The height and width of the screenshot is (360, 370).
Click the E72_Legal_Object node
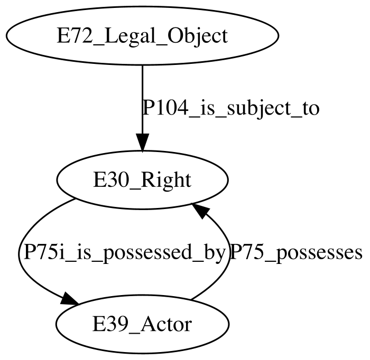[x=143, y=35]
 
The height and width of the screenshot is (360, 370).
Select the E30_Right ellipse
[x=143, y=180]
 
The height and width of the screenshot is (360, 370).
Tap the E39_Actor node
[x=143, y=324]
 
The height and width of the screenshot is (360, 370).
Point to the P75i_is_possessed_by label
[x=124, y=253]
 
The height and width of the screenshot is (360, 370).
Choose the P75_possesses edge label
[x=296, y=253]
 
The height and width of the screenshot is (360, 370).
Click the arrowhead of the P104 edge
[x=143, y=143]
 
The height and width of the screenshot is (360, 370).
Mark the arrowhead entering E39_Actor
[x=69, y=299]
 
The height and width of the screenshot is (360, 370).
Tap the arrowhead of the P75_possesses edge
[x=200, y=210]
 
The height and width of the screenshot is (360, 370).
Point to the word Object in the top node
[x=198, y=36]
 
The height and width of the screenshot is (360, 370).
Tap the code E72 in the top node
[x=75, y=36]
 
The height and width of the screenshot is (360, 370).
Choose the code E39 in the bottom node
[x=110, y=324]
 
